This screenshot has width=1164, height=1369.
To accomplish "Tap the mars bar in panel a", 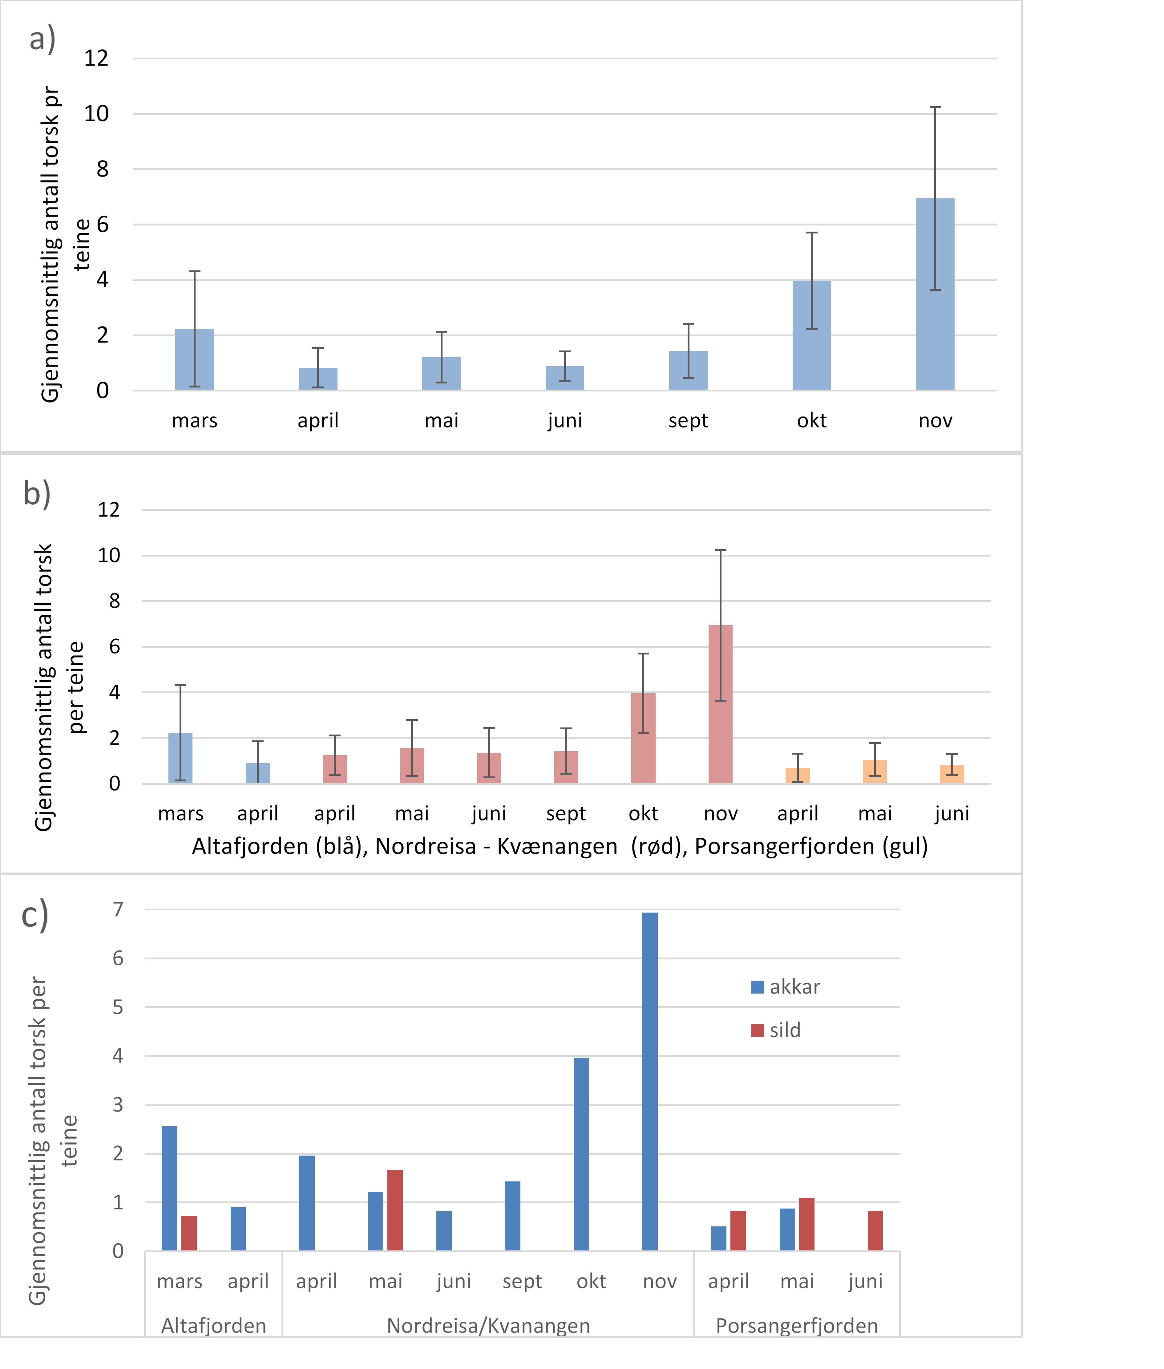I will [195, 360].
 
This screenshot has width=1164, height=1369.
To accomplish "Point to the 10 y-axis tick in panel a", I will [96, 114].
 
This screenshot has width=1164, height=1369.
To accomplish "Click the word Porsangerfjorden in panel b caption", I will [785, 846].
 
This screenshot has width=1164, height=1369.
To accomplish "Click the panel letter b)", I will [37, 494].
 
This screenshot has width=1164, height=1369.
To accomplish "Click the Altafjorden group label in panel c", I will [214, 1326].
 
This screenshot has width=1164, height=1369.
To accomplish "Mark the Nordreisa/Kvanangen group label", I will [488, 1326].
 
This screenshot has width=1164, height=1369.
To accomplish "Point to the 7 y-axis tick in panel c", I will [118, 909].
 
